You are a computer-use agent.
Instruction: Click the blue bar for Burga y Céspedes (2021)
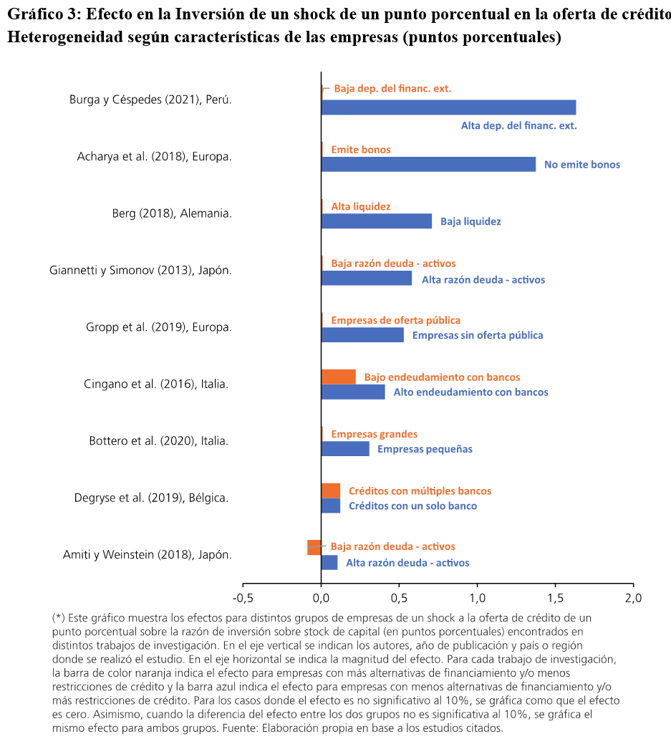coord(448,107)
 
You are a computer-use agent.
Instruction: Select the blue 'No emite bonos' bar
coord(428,165)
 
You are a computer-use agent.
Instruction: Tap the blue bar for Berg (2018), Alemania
coord(377,221)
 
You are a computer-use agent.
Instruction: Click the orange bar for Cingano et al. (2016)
coord(338,377)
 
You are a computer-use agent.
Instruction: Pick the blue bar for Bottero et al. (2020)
coord(345,449)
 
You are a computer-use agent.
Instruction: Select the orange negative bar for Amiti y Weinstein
coord(314,547)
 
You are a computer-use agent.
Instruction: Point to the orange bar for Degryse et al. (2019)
coord(331,491)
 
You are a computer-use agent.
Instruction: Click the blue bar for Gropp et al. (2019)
coord(362,335)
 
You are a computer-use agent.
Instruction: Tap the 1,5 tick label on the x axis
coord(556,598)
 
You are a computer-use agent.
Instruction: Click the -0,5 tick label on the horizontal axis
coord(243,598)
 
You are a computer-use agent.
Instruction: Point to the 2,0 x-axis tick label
coord(633,598)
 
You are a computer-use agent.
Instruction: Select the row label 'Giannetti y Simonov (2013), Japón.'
coord(140,271)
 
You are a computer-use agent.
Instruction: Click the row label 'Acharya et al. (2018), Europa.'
coord(154,157)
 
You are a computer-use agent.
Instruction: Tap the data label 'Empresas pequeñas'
coord(425,449)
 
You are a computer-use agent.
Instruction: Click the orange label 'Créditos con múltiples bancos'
coord(420,491)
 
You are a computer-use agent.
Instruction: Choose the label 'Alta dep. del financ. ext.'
coord(518,126)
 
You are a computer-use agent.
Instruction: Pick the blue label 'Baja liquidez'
coord(470,221)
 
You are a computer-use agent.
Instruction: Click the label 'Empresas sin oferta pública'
coord(478,335)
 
